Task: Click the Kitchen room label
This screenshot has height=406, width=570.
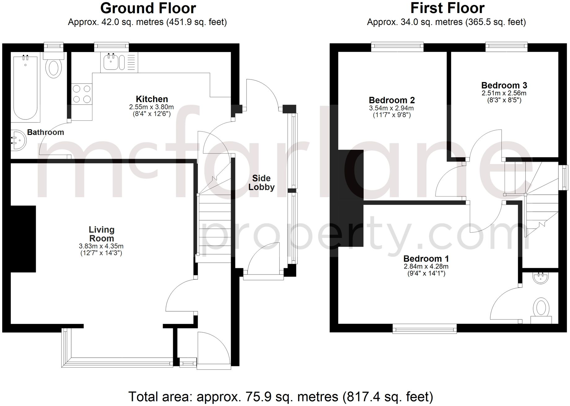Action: (152, 99)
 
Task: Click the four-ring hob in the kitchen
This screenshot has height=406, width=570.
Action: (82, 94)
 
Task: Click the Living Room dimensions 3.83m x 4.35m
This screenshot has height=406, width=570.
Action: (101, 246)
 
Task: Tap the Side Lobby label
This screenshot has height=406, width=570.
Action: (261, 183)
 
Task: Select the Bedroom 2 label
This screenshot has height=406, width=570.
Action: (392, 100)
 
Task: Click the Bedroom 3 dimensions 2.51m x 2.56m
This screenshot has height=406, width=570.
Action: (504, 93)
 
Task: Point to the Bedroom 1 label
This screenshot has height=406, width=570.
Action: (426, 259)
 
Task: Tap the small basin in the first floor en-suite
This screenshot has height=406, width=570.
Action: (541, 278)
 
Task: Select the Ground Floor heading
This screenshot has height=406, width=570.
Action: (148, 8)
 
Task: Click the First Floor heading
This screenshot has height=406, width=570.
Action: (447, 8)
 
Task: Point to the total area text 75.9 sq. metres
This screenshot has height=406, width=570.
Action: (280, 396)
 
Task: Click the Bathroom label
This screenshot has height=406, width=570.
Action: (46, 132)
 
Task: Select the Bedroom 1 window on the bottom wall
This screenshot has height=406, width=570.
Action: (424, 328)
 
